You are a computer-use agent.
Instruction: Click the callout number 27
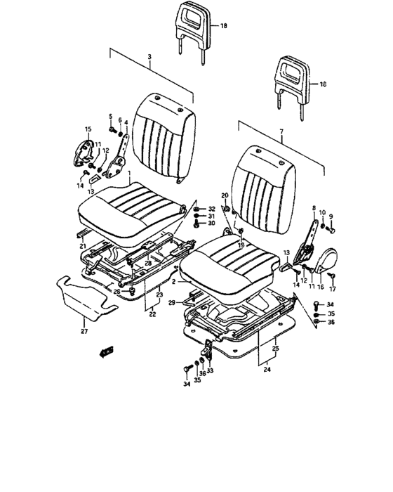[84, 331]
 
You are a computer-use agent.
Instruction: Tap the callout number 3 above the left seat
[149, 57]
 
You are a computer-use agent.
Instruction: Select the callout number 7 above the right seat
[281, 131]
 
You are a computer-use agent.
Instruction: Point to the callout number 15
[88, 129]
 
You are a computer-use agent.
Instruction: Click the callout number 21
[82, 246]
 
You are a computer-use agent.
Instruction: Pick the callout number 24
[267, 370]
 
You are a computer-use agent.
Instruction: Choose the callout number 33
[210, 370]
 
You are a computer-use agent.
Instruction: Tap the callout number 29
[172, 302]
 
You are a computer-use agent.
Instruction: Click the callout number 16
[320, 287]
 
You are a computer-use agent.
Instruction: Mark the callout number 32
[212, 209]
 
